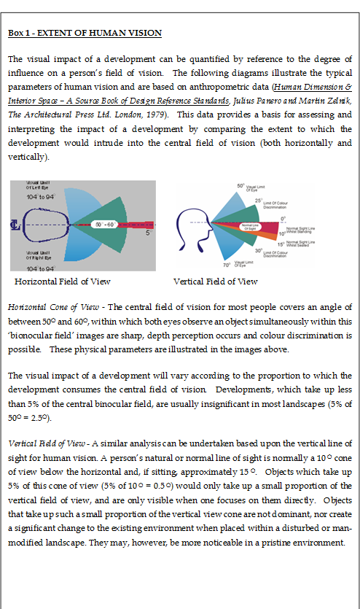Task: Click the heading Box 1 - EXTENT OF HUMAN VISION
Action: pos(85,34)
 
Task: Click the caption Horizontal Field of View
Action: pos(63,281)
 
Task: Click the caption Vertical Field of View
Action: pos(215,281)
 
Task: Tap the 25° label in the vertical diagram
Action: pos(257,200)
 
